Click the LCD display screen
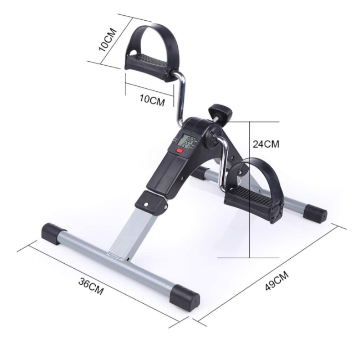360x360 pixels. [184, 142]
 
